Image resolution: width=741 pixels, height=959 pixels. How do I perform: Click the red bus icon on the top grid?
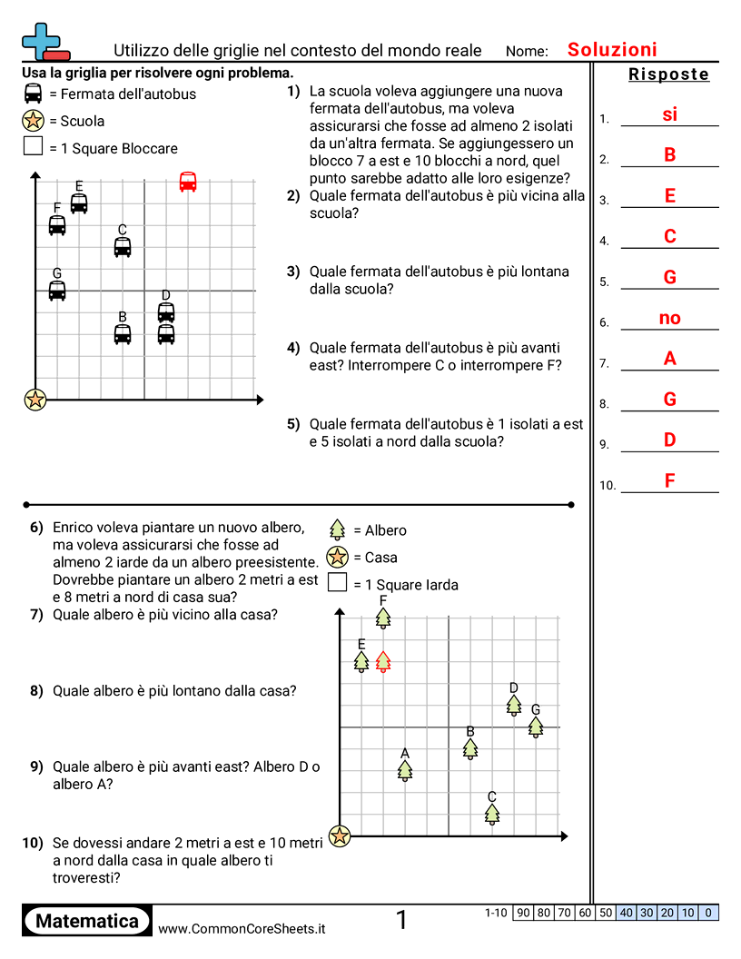click(x=188, y=182)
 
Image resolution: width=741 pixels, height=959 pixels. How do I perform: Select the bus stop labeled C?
click(x=123, y=246)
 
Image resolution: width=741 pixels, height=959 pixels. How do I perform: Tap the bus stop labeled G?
click(x=57, y=291)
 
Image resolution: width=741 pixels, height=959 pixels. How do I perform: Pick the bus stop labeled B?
click(x=123, y=334)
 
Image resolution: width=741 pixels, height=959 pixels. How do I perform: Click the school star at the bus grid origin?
click(x=35, y=399)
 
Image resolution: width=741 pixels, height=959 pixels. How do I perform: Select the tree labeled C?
click(x=492, y=814)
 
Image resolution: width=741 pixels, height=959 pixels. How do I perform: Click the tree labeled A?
click(x=405, y=770)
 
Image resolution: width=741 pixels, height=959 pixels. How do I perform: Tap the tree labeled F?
click(x=383, y=618)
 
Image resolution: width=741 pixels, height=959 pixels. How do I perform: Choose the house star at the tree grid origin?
click(x=340, y=835)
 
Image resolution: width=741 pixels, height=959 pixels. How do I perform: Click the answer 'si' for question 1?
click(x=669, y=114)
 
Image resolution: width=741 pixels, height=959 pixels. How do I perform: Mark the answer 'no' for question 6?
click(x=669, y=318)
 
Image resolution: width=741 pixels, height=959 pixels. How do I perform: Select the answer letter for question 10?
click(x=669, y=480)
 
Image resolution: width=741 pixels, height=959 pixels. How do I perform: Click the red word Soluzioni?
click(x=612, y=50)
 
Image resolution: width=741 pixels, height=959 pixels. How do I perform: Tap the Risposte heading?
click(x=668, y=74)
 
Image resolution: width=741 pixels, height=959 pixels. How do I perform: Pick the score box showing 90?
click(x=523, y=913)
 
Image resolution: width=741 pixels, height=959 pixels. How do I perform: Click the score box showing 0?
click(x=708, y=913)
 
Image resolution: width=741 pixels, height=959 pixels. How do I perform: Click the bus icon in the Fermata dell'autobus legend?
click(x=34, y=94)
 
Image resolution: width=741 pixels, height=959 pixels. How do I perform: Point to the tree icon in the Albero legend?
click(x=338, y=529)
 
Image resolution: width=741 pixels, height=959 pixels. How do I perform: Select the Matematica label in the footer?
click(x=87, y=921)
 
